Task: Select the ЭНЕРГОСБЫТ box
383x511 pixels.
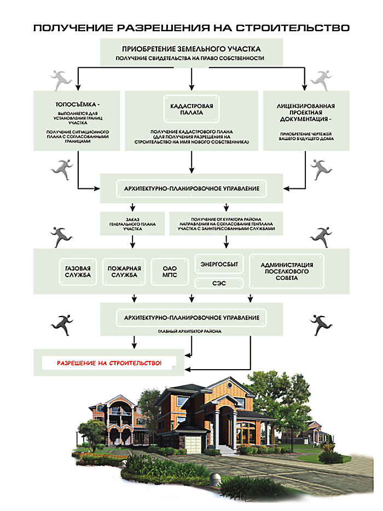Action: [x=220, y=263]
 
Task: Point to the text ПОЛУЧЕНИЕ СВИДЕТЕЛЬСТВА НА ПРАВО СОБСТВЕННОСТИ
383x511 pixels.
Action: [x=191, y=58]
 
